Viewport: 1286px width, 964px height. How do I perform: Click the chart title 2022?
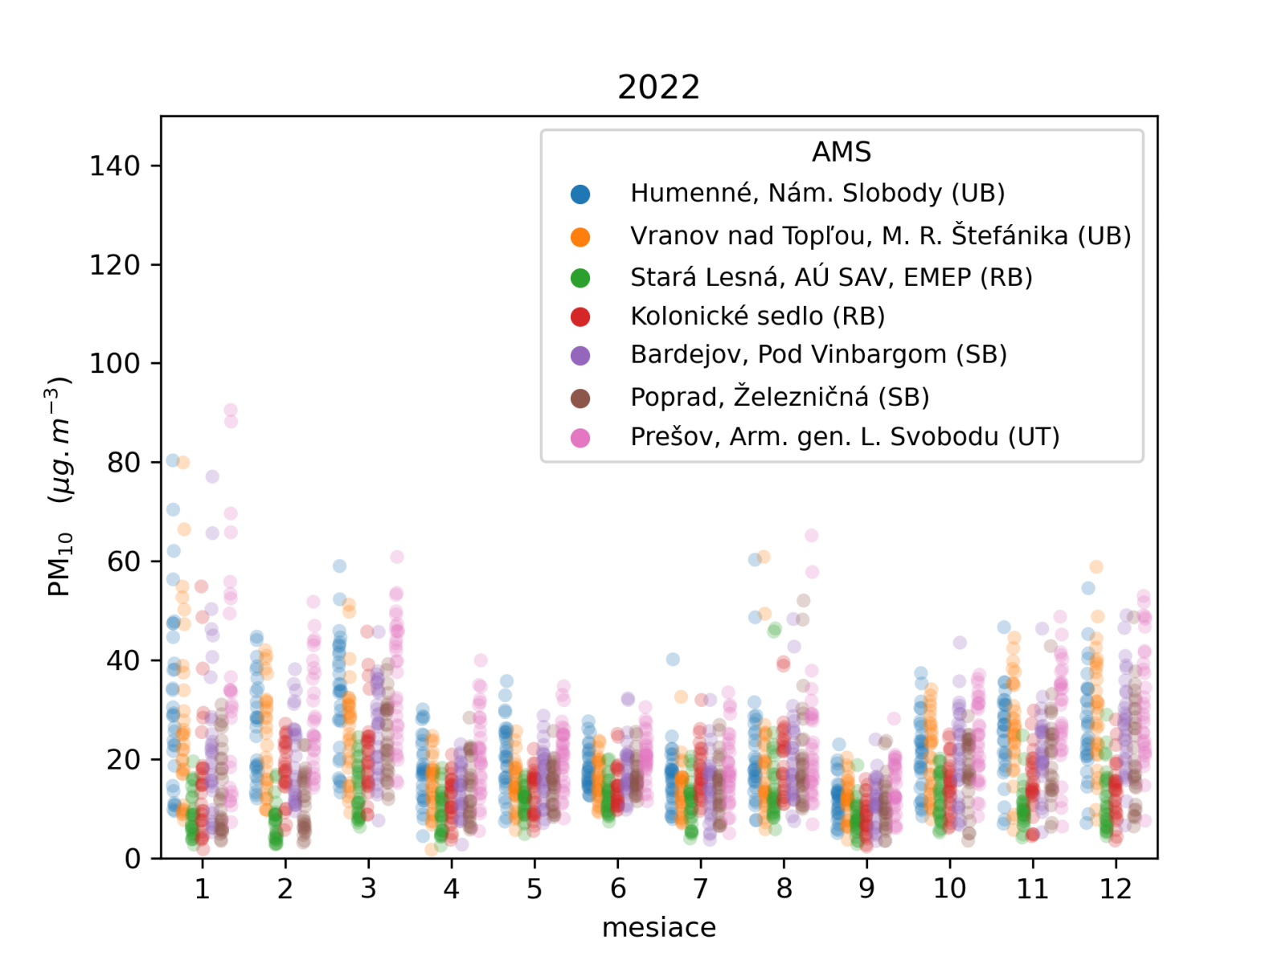[x=658, y=87]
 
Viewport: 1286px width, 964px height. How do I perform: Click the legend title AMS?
[x=841, y=152]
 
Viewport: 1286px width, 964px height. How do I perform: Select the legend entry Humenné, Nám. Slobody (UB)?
[x=817, y=194]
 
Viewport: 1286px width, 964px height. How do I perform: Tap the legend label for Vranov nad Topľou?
[x=880, y=235]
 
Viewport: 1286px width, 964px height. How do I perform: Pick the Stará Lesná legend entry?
[x=830, y=277]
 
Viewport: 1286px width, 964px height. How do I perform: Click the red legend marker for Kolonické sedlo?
[x=580, y=317]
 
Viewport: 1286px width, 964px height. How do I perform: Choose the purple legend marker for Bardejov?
[x=580, y=355]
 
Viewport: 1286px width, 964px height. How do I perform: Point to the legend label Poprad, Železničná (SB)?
[x=779, y=397]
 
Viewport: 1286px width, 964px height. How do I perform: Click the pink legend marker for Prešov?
[x=580, y=438]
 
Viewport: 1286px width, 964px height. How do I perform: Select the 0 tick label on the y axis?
[x=133, y=859]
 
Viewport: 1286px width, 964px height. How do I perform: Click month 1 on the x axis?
[x=203, y=888]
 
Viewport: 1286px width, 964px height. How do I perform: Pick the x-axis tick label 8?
[x=784, y=888]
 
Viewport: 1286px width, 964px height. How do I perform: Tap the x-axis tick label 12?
[x=1116, y=888]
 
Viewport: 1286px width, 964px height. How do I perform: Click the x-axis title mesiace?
[x=658, y=927]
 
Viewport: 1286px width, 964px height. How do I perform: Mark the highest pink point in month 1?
[x=231, y=411]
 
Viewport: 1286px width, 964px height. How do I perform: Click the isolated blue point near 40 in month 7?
[x=673, y=660]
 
